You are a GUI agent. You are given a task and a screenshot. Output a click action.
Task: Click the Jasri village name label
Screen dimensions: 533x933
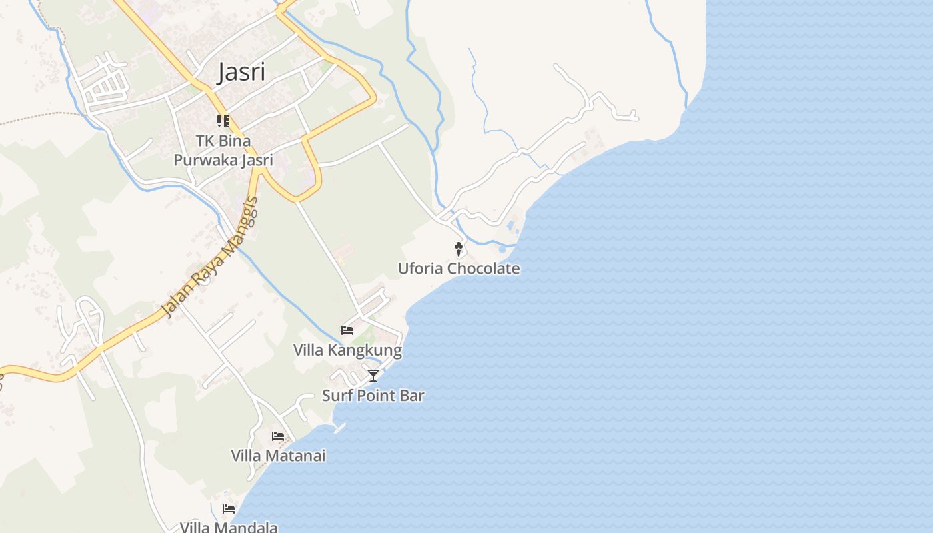point(241,73)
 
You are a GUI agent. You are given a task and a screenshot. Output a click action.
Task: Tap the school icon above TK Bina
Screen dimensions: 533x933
point(223,121)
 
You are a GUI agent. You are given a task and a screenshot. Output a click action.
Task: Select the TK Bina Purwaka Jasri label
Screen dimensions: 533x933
point(223,151)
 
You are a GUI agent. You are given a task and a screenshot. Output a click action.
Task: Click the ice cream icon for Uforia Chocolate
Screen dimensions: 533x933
point(459,249)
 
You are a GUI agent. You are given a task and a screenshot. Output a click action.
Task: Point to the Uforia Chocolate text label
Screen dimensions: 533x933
point(459,268)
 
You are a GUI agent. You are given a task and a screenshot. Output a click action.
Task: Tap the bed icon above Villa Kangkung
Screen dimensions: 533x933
point(347,330)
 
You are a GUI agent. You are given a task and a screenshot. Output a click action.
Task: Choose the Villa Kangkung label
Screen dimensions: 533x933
point(347,350)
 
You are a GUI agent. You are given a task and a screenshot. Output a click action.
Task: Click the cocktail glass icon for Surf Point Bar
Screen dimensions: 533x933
point(373,376)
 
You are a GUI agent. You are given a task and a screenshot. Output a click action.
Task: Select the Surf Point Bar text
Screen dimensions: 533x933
point(373,396)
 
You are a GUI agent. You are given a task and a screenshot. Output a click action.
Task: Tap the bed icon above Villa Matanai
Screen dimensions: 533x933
point(278,436)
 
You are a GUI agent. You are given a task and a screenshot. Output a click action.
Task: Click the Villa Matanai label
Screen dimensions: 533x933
point(278,456)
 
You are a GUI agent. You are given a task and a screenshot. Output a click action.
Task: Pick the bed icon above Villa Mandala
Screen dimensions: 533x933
point(229,509)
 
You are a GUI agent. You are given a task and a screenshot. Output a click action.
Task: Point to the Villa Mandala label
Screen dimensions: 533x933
point(229,527)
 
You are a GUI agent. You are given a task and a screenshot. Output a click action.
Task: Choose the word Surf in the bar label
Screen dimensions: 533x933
point(336,396)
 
